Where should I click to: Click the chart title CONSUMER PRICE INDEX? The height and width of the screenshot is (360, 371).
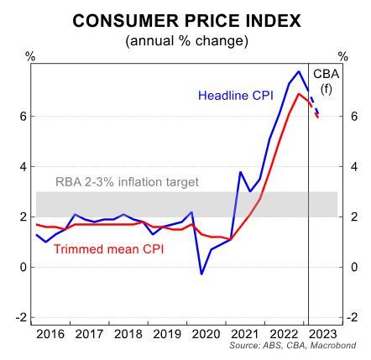click(x=185, y=19)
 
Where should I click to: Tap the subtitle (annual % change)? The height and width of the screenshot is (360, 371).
click(x=185, y=40)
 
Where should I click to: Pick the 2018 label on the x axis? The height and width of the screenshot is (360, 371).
click(x=128, y=333)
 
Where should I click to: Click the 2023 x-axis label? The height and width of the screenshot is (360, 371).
click(x=323, y=333)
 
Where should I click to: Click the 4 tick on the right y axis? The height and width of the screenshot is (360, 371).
click(x=344, y=167)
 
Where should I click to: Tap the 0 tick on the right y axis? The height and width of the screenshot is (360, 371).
click(x=344, y=267)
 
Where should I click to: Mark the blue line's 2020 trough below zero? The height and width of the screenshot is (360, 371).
click(x=201, y=274)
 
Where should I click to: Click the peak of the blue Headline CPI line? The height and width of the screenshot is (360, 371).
click(x=300, y=70)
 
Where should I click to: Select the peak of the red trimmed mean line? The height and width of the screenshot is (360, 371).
click(x=300, y=93)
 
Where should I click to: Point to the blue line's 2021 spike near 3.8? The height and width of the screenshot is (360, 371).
click(x=241, y=172)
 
